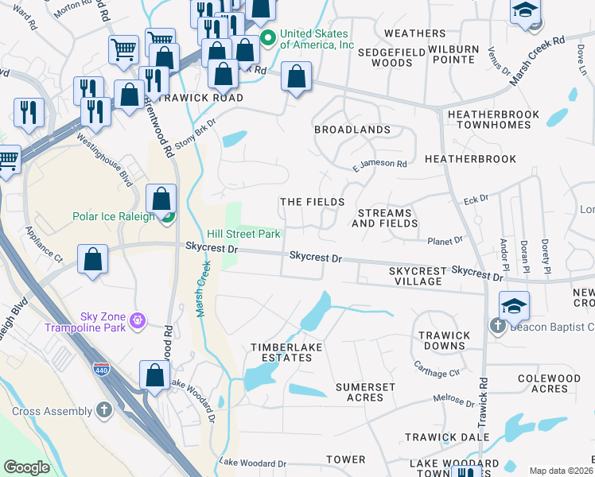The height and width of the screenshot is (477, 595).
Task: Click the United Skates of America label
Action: (x=315, y=39)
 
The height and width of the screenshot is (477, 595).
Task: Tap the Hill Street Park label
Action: (x=243, y=235)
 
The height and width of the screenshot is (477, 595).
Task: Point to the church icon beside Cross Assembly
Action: (x=103, y=410)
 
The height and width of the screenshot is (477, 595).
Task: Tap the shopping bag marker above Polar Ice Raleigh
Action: (x=161, y=197)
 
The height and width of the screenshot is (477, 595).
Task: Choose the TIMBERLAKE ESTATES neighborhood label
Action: (x=281, y=352)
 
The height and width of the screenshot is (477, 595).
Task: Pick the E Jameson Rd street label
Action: (x=380, y=165)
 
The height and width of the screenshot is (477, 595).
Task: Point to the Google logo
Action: (x=26, y=467)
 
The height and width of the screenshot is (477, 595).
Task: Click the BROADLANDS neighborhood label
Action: (x=352, y=129)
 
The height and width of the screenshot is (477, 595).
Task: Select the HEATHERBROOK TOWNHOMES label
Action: (x=488, y=119)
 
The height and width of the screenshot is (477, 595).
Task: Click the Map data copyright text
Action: (x=561, y=471)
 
